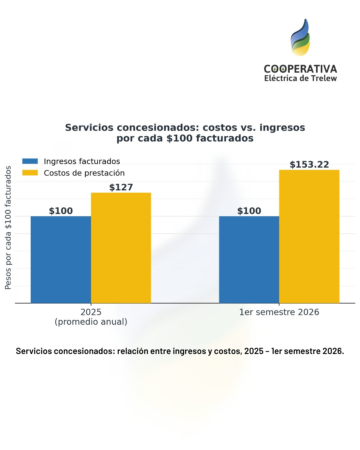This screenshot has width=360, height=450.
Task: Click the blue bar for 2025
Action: point(61,259)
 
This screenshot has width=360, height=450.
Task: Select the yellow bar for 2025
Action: point(121,248)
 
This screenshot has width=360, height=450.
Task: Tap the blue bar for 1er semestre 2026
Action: point(249,259)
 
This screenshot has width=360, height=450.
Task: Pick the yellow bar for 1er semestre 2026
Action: point(309,236)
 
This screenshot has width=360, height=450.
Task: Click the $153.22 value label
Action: point(309,165)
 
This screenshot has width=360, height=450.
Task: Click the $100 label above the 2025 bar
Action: point(61,211)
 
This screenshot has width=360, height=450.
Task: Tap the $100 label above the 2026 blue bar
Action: point(249,211)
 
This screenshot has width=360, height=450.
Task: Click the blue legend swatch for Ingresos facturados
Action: point(30,161)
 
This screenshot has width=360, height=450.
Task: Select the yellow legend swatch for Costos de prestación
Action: point(30,173)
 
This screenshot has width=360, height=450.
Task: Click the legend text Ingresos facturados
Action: point(82,161)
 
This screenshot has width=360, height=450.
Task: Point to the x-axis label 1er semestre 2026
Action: point(279,312)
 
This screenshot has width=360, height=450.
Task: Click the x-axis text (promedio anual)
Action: point(91,322)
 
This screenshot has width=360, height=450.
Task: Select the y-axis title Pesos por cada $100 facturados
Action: point(8,228)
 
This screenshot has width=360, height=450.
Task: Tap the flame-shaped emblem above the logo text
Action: point(300,38)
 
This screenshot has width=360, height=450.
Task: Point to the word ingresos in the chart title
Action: point(282,128)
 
